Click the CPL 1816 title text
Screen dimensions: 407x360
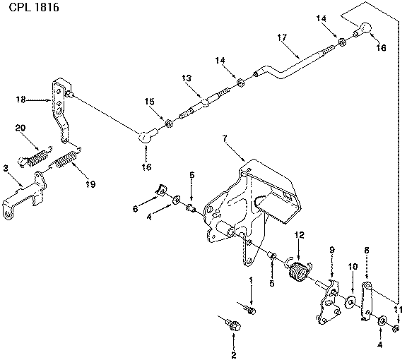(x=34, y=7)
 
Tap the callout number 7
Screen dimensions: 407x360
(x=225, y=138)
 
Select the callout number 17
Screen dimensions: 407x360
(x=282, y=37)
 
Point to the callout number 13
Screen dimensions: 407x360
(x=187, y=78)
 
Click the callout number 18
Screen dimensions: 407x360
(x=20, y=100)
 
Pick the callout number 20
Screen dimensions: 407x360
(x=20, y=128)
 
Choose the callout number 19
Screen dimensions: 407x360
(x=90, y=184)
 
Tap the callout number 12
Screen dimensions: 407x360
(x=299, y=235)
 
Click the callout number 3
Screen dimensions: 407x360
(x=6, y=168)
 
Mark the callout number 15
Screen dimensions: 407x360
(x=149, y=102)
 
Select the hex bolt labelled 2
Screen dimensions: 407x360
(x=233, y=324)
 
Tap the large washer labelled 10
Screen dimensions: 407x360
(x=350, y=302)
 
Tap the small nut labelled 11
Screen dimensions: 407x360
(x=396, y=329)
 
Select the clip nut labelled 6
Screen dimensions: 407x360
(x=161, y=191)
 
